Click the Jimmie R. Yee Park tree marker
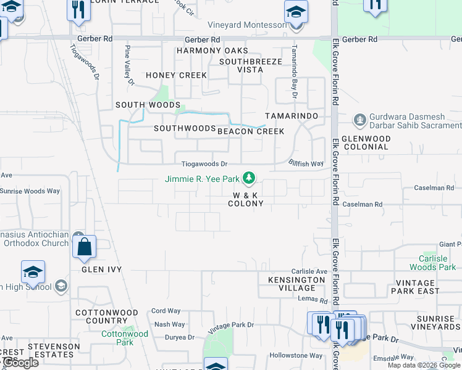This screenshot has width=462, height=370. pos(249,178)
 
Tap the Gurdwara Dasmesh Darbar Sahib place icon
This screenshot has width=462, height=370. pos(359,119)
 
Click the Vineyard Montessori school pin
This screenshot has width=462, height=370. pos(296,13)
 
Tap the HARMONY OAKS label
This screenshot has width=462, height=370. pos(212,51)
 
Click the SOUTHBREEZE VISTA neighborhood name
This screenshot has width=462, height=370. pos(250,65)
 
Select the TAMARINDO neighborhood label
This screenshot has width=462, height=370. pos(292,116)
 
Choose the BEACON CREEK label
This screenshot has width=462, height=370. pos(251,131)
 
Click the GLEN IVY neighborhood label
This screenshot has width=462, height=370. pos(101,269)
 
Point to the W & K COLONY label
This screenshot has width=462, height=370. pos(246,199)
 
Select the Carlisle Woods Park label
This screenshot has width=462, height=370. pos(433,263)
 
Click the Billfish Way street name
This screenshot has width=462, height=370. pos(306,163)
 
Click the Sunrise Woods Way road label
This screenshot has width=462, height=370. pos(30,191)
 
